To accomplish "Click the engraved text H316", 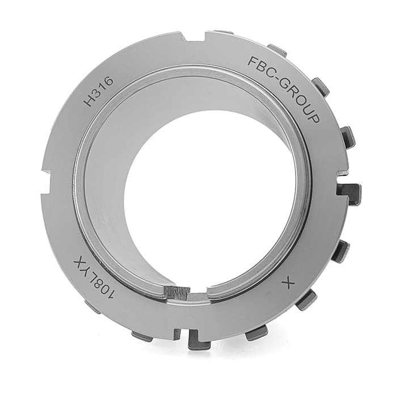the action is [x=98, y=92].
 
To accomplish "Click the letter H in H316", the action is [x=89, y=102].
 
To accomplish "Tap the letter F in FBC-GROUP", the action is [x=252, y=61].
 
